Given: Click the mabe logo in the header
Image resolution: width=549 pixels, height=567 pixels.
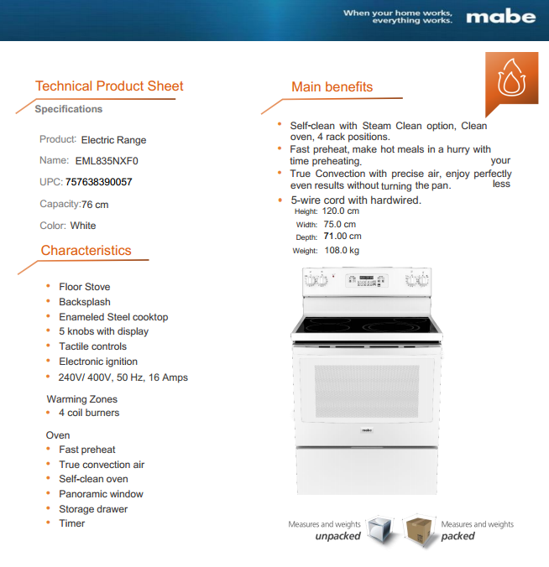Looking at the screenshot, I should point(500,17).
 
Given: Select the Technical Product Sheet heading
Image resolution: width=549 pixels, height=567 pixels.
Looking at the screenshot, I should point(109,86).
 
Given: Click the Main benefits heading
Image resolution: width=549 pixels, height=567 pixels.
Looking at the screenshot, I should point(332,87).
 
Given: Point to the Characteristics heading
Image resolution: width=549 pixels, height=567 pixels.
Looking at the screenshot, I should point(86,250).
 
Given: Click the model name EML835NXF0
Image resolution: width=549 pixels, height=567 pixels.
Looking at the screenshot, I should point(107,161).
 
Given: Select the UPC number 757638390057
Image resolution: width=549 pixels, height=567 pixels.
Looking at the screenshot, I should point(98,182).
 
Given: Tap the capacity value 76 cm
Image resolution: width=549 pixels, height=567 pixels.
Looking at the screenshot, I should point(95,205).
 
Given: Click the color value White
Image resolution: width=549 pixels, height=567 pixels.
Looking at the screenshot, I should point(83,226).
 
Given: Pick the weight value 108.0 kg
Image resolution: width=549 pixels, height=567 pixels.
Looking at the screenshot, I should point(342,250).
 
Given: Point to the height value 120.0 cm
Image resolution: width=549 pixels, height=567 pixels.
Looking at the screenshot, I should point(341,211).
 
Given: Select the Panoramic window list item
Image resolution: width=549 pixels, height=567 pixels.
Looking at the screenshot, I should point(101,494).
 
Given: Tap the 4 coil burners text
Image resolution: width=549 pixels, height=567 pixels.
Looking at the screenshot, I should point(89,413).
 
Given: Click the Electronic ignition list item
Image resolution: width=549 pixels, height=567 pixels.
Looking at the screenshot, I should point(98,362).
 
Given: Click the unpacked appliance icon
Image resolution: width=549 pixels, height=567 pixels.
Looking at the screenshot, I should point(380,530).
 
